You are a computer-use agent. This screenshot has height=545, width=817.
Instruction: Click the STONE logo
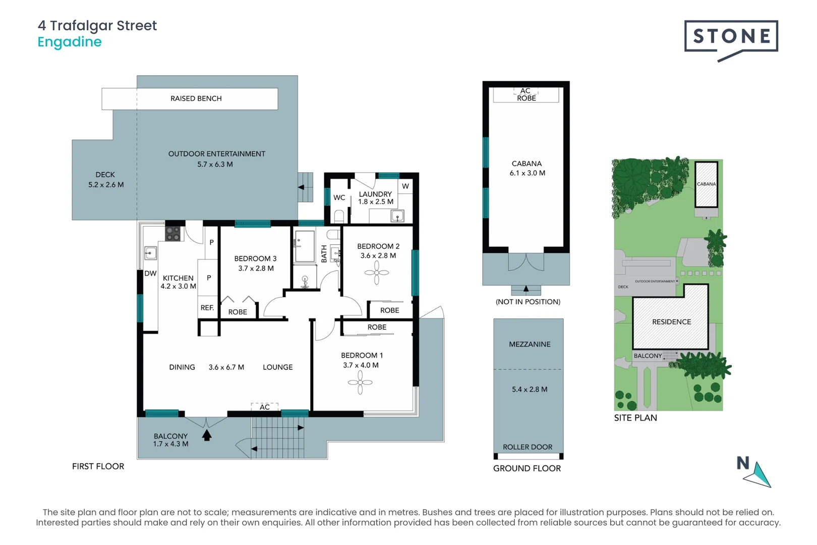(x=731, y=36)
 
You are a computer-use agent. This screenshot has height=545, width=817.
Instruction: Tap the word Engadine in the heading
(x=70, y=42)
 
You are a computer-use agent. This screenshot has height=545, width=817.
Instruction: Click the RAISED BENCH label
(x=196, y=98)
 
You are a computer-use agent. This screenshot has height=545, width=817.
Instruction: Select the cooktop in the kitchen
(x=173, y=234)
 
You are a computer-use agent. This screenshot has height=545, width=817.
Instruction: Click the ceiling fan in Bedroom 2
(x=377, y=272)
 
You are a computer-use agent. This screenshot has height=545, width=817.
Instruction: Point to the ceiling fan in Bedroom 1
(x=360, y=383)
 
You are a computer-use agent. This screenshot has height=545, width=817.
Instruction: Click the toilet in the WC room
(x=339, y=216)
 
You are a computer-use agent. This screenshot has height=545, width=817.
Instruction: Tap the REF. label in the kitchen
(x=207, y=307)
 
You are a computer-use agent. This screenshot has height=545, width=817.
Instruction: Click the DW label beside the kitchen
(x=150, y=274)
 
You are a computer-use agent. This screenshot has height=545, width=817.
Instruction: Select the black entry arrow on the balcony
(x=207, y=435)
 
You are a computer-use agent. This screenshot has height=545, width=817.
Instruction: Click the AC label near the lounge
(x=265, y=407)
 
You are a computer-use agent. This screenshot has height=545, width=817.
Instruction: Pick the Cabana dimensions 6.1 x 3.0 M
(x=527, y=173)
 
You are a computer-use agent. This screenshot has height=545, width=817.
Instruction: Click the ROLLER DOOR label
(x=527, y=447)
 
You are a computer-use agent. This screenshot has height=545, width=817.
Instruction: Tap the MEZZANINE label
(x=530, y=344)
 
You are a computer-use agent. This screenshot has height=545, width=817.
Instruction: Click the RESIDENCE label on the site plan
(x=671, y=322)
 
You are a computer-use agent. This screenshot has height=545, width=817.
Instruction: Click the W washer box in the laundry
(x=405, y=186)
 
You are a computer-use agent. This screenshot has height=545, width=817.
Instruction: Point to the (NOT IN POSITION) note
(x=528, y=302)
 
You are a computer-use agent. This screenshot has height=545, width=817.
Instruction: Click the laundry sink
(x=397, y=217)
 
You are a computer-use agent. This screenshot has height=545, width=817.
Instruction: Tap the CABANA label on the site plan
(x=706, y=184)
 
